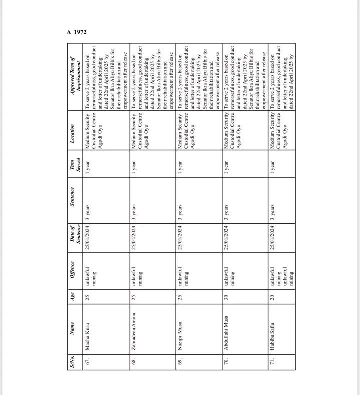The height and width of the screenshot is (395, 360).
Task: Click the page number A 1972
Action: [77, 32]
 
